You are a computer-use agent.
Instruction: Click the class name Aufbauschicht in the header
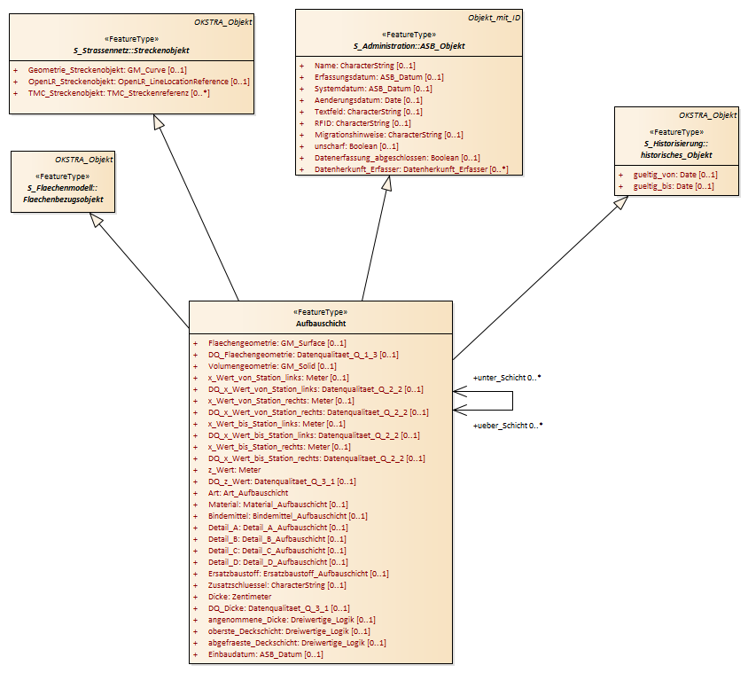coord(321,323)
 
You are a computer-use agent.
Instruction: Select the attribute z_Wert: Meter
coord(234,470)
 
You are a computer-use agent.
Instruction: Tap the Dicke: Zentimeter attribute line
coord(239,597)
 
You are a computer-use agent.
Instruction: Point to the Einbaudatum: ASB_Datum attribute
coord(265,653)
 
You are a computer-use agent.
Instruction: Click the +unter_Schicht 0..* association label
coord(507,378)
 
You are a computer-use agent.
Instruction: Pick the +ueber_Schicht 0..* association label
coord(508,426)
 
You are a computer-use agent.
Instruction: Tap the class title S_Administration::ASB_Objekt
coord(409,46)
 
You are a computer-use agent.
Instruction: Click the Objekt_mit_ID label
coord(494,18)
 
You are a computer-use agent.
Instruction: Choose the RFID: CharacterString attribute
coord(362,123)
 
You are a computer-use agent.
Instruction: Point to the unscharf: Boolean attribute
coord(356,146)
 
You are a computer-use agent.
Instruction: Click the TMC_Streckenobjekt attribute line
coord(119,92)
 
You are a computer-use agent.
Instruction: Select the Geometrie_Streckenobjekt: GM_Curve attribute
coord(107,70)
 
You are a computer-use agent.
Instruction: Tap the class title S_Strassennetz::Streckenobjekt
coord(131,51)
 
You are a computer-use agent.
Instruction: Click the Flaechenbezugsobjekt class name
coord(63,199)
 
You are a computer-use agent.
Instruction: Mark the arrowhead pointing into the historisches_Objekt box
coord(621,202)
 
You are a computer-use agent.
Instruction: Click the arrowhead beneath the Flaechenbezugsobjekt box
coord(97,219)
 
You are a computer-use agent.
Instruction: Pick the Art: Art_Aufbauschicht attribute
coord(247,493)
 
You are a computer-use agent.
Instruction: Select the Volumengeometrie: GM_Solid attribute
coord(272,366)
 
